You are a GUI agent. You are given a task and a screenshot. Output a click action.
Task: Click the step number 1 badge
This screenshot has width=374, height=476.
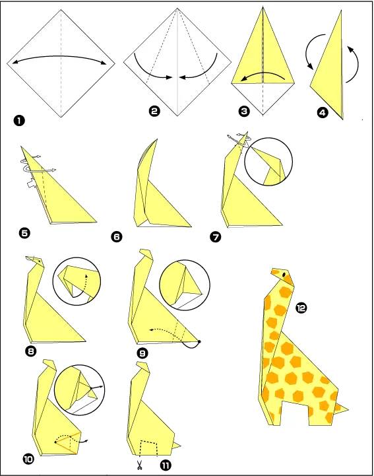pos(19,121)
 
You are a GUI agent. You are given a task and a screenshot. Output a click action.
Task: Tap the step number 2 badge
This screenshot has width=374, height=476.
pos(154,112)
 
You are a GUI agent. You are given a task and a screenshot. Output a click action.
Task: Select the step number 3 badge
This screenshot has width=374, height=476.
pos(244,112)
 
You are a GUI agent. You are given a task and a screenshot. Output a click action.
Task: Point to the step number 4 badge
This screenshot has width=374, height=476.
pos(323,113)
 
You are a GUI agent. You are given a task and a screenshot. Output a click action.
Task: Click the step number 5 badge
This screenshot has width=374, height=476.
pos(24,233)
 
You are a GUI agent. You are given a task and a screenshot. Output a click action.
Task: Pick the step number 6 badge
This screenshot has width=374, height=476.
pos(117,236)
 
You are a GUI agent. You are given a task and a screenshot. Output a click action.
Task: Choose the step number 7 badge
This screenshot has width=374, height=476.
pos(215,236)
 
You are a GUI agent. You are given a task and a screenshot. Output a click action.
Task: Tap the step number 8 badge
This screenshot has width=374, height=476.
pos(31,351)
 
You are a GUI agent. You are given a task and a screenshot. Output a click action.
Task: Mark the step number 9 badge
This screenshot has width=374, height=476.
pos(142,353)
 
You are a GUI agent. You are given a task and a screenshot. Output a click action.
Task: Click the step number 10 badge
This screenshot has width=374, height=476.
pos(28,459)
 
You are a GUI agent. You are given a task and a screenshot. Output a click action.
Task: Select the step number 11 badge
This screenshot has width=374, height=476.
pos(166,465)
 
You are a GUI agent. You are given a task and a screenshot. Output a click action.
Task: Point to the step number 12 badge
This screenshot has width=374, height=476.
pos(301,308)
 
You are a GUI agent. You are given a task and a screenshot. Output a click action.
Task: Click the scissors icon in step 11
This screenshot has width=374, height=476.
pos(140,465)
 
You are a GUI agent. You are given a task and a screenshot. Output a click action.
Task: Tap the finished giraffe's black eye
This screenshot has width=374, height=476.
pos(284,275)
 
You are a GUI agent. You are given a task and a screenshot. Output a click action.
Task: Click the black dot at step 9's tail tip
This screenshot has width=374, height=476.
pos(199,341)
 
